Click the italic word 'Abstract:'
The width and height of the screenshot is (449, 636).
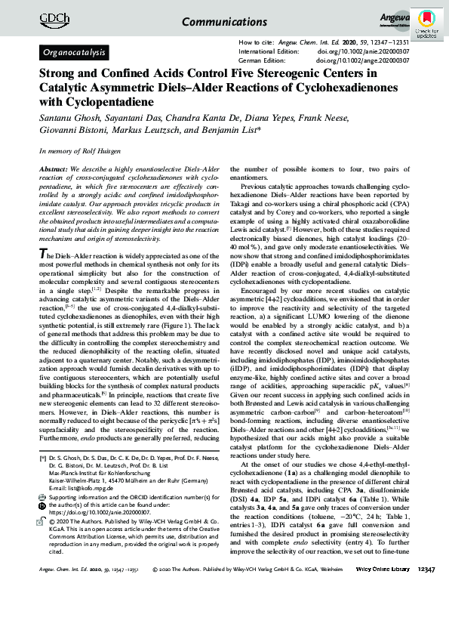[x=55, y=171]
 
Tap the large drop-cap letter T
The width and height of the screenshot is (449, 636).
[x=43, y=233]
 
